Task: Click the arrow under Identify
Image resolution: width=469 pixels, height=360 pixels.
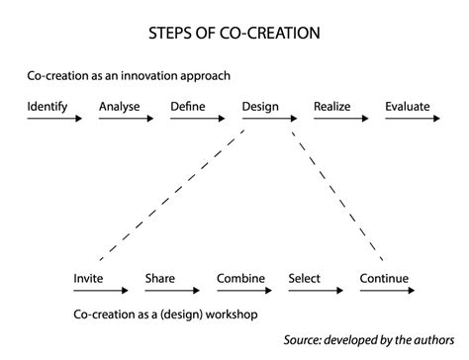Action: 54,119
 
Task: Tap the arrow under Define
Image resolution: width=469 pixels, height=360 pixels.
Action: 197,119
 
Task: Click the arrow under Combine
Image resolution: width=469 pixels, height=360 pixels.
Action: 243,293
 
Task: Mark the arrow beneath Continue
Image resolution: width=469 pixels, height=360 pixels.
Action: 386,293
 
